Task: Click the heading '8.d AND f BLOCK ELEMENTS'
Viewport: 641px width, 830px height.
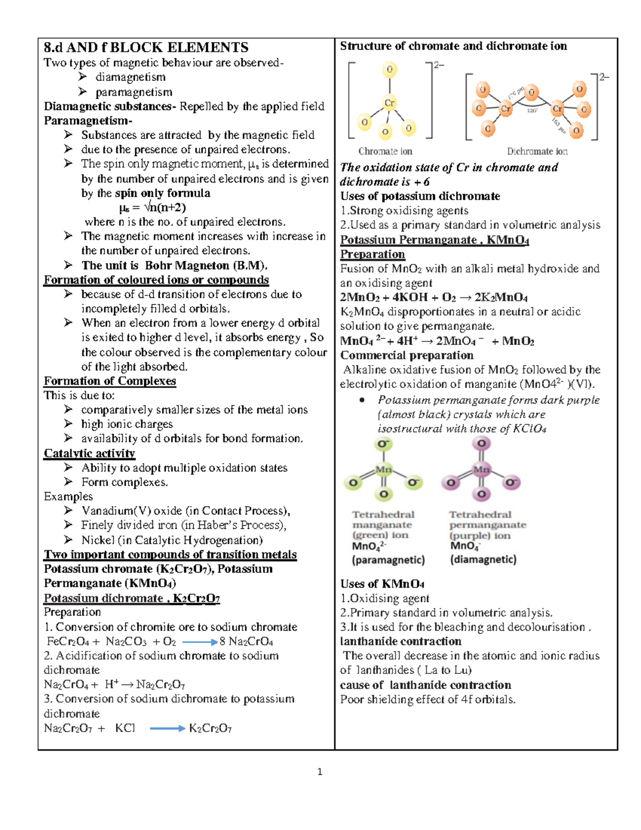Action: tap(146, 48)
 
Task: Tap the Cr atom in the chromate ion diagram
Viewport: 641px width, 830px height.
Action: tap(389, 103)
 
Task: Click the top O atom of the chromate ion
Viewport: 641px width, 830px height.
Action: tap(389, 69)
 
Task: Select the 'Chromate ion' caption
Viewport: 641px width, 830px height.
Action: tap(385, 151)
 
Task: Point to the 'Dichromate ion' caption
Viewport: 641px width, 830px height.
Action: tap(537, 151)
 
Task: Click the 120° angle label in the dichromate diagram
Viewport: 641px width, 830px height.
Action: tap(532, 111)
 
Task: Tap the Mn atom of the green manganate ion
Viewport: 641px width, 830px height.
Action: tap(384, 470)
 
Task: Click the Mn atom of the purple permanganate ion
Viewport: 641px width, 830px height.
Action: tap(481, 470)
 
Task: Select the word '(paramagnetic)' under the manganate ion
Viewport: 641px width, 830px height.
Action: tap(388, 560)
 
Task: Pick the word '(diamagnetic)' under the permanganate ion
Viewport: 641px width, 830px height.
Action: tap(483, 560)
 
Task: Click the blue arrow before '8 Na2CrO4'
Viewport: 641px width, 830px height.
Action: tap(200, 642)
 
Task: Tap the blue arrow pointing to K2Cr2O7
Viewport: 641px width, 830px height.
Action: tap(167, 728)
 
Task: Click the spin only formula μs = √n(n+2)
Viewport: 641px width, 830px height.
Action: tap(152, 207)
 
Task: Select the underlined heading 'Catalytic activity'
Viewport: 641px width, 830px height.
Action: tap(89, 453)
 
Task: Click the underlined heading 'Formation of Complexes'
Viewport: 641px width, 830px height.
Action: tap(110, 381)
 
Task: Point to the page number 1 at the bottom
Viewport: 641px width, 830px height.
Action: tap(319, 772)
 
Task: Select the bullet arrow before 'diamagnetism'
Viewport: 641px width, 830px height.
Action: tap(83, 77)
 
